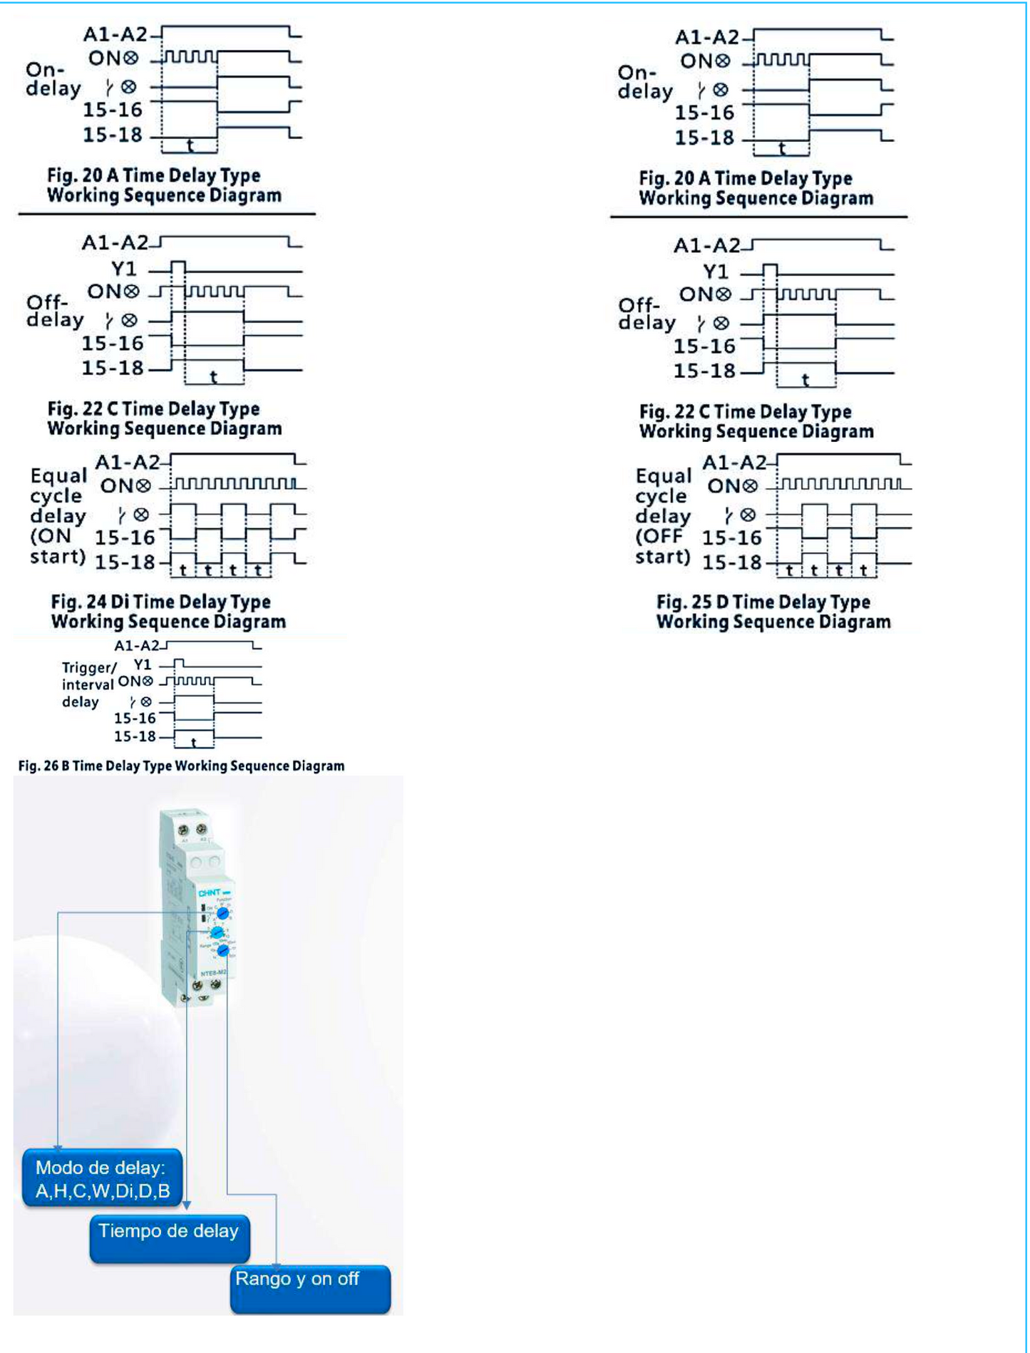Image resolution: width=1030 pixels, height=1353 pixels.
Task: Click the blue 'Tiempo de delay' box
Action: click(x=170, y=1239)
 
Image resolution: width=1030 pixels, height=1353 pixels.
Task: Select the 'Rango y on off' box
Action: click(x=310, y=1288)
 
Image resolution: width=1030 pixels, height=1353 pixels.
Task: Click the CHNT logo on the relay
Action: click(x=210, y=892)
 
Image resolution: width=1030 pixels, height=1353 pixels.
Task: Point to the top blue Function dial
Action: click(x=222, y=913)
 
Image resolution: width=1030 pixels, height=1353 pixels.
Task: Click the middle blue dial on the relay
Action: click(x=217, y=932)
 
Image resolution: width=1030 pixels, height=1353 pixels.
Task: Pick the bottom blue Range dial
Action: click(x=223, y=950)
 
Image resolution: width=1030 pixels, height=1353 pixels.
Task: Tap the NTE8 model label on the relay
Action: click(x=213, y=973)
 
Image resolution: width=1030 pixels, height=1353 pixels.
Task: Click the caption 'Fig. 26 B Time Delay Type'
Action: click(x=181, y=766)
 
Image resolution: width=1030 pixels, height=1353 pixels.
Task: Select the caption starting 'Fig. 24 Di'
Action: click(x=168, y=612)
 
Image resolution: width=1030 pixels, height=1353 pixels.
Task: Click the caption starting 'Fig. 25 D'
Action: click(x=773, y=612)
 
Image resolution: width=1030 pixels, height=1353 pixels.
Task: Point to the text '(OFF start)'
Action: click(x=662, y=546)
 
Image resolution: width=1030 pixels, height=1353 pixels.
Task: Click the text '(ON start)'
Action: click(x=57, y=546)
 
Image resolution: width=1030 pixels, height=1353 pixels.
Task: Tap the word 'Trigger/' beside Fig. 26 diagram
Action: click(x=89, y=668)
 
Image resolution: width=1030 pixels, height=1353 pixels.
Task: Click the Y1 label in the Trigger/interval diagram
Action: click(x=143, y=664)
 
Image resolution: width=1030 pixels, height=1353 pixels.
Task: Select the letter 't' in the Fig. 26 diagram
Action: click(x=194, y=743)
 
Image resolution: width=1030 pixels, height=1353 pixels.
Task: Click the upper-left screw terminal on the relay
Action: click(x=182, y=830)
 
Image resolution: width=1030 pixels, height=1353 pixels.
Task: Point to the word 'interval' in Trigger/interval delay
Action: click(x=88, y=685)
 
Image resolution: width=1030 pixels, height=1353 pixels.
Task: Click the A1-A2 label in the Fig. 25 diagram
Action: click(x=733, y=463)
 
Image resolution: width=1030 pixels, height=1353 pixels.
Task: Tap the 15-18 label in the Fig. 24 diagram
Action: click(x=125, y=562)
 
